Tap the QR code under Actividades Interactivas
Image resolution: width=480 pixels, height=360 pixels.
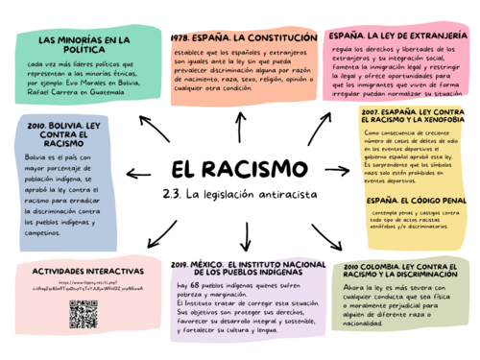(x=84, y=314)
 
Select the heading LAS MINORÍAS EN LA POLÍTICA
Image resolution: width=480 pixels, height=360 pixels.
(x=84, y=45)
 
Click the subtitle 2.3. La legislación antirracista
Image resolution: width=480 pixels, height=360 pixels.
(x=239, y=196)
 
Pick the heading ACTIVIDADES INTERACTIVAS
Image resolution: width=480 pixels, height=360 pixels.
(x=81, y=272)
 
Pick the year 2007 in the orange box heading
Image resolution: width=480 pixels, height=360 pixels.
(x=374, y=111)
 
